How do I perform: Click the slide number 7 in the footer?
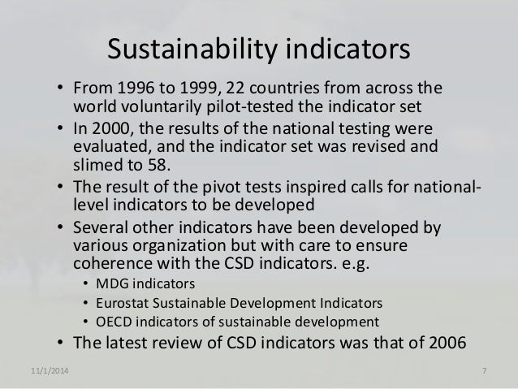point(484,371)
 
